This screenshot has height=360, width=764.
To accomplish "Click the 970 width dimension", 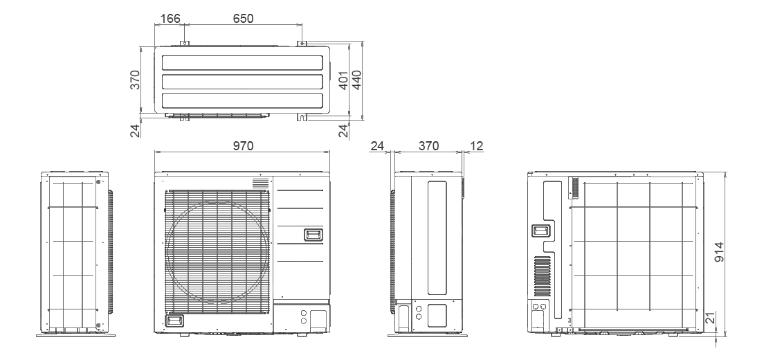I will tap(243, 145).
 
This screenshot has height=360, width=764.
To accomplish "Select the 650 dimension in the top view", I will tap(242, 19).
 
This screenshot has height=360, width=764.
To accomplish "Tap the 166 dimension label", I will tap(169, 19).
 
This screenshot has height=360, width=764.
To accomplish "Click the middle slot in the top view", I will tap(242, 81).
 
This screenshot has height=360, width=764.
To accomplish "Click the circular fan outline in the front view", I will tap(217, 257).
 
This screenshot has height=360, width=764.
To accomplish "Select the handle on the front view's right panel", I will tap(313, 235).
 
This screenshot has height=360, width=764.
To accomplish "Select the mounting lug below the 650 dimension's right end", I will tap(302, 43).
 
